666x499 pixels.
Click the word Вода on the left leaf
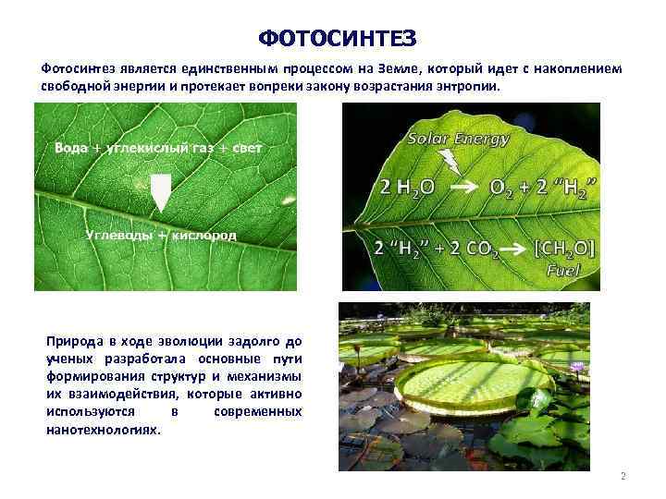(71, 149)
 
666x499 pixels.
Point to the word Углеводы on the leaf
(117, 235)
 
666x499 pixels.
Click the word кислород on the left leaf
(203, 235)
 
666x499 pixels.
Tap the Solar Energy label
(460, 140)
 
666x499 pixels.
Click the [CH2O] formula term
(565, 248)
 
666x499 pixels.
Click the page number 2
(623, 477)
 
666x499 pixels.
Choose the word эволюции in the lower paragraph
(177, 342)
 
